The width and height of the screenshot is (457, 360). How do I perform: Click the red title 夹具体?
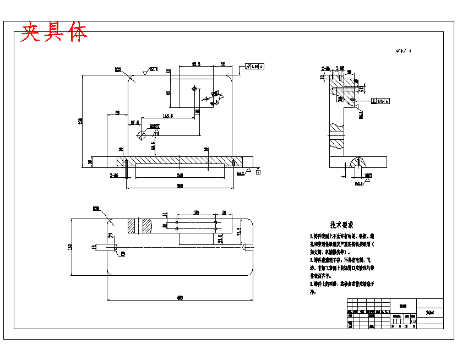[x=54, y=32]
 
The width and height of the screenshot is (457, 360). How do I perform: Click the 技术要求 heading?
[x=341, y=225]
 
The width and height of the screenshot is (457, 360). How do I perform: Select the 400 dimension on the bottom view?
[x=179, y=298]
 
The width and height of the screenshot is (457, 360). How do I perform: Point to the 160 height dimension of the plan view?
[x=70, y=247]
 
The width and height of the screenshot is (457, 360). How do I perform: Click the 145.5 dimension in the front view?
[x=167, y=116]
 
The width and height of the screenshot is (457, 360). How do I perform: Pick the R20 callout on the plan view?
[x=96, y=209]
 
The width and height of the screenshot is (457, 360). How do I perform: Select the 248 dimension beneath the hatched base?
[x=179, y=175]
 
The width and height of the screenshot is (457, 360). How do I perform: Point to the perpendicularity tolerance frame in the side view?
[x=381, y=101]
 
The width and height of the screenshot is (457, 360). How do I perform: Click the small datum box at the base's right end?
[x=258, y=172]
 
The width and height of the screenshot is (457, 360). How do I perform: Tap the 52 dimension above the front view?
[x=223, y=64]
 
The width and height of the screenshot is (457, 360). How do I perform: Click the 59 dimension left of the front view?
[x=118, y=113]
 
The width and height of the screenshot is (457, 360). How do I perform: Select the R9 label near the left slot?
[x=123, y=254]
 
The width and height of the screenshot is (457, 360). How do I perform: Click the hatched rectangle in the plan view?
[x=140, y=226]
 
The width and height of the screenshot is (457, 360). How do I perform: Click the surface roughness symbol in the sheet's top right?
[x=403, y=51]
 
